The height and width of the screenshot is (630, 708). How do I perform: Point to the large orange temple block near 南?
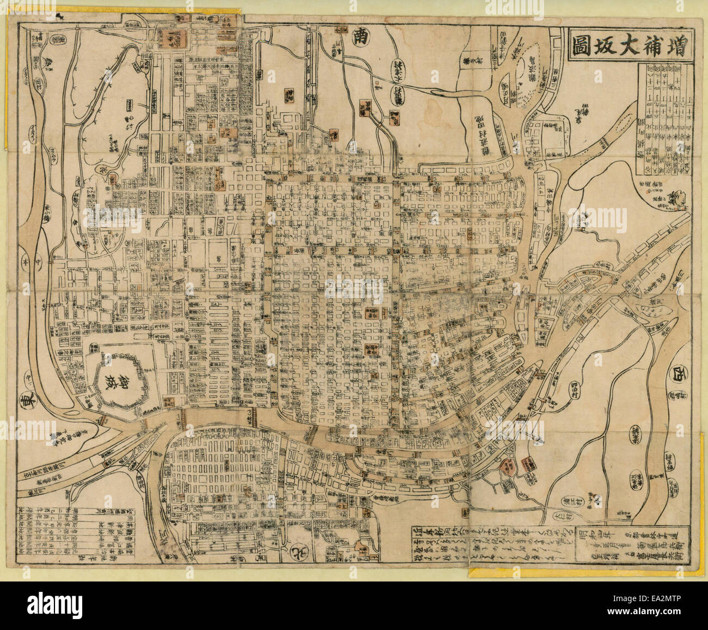click(x=172, y=38)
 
